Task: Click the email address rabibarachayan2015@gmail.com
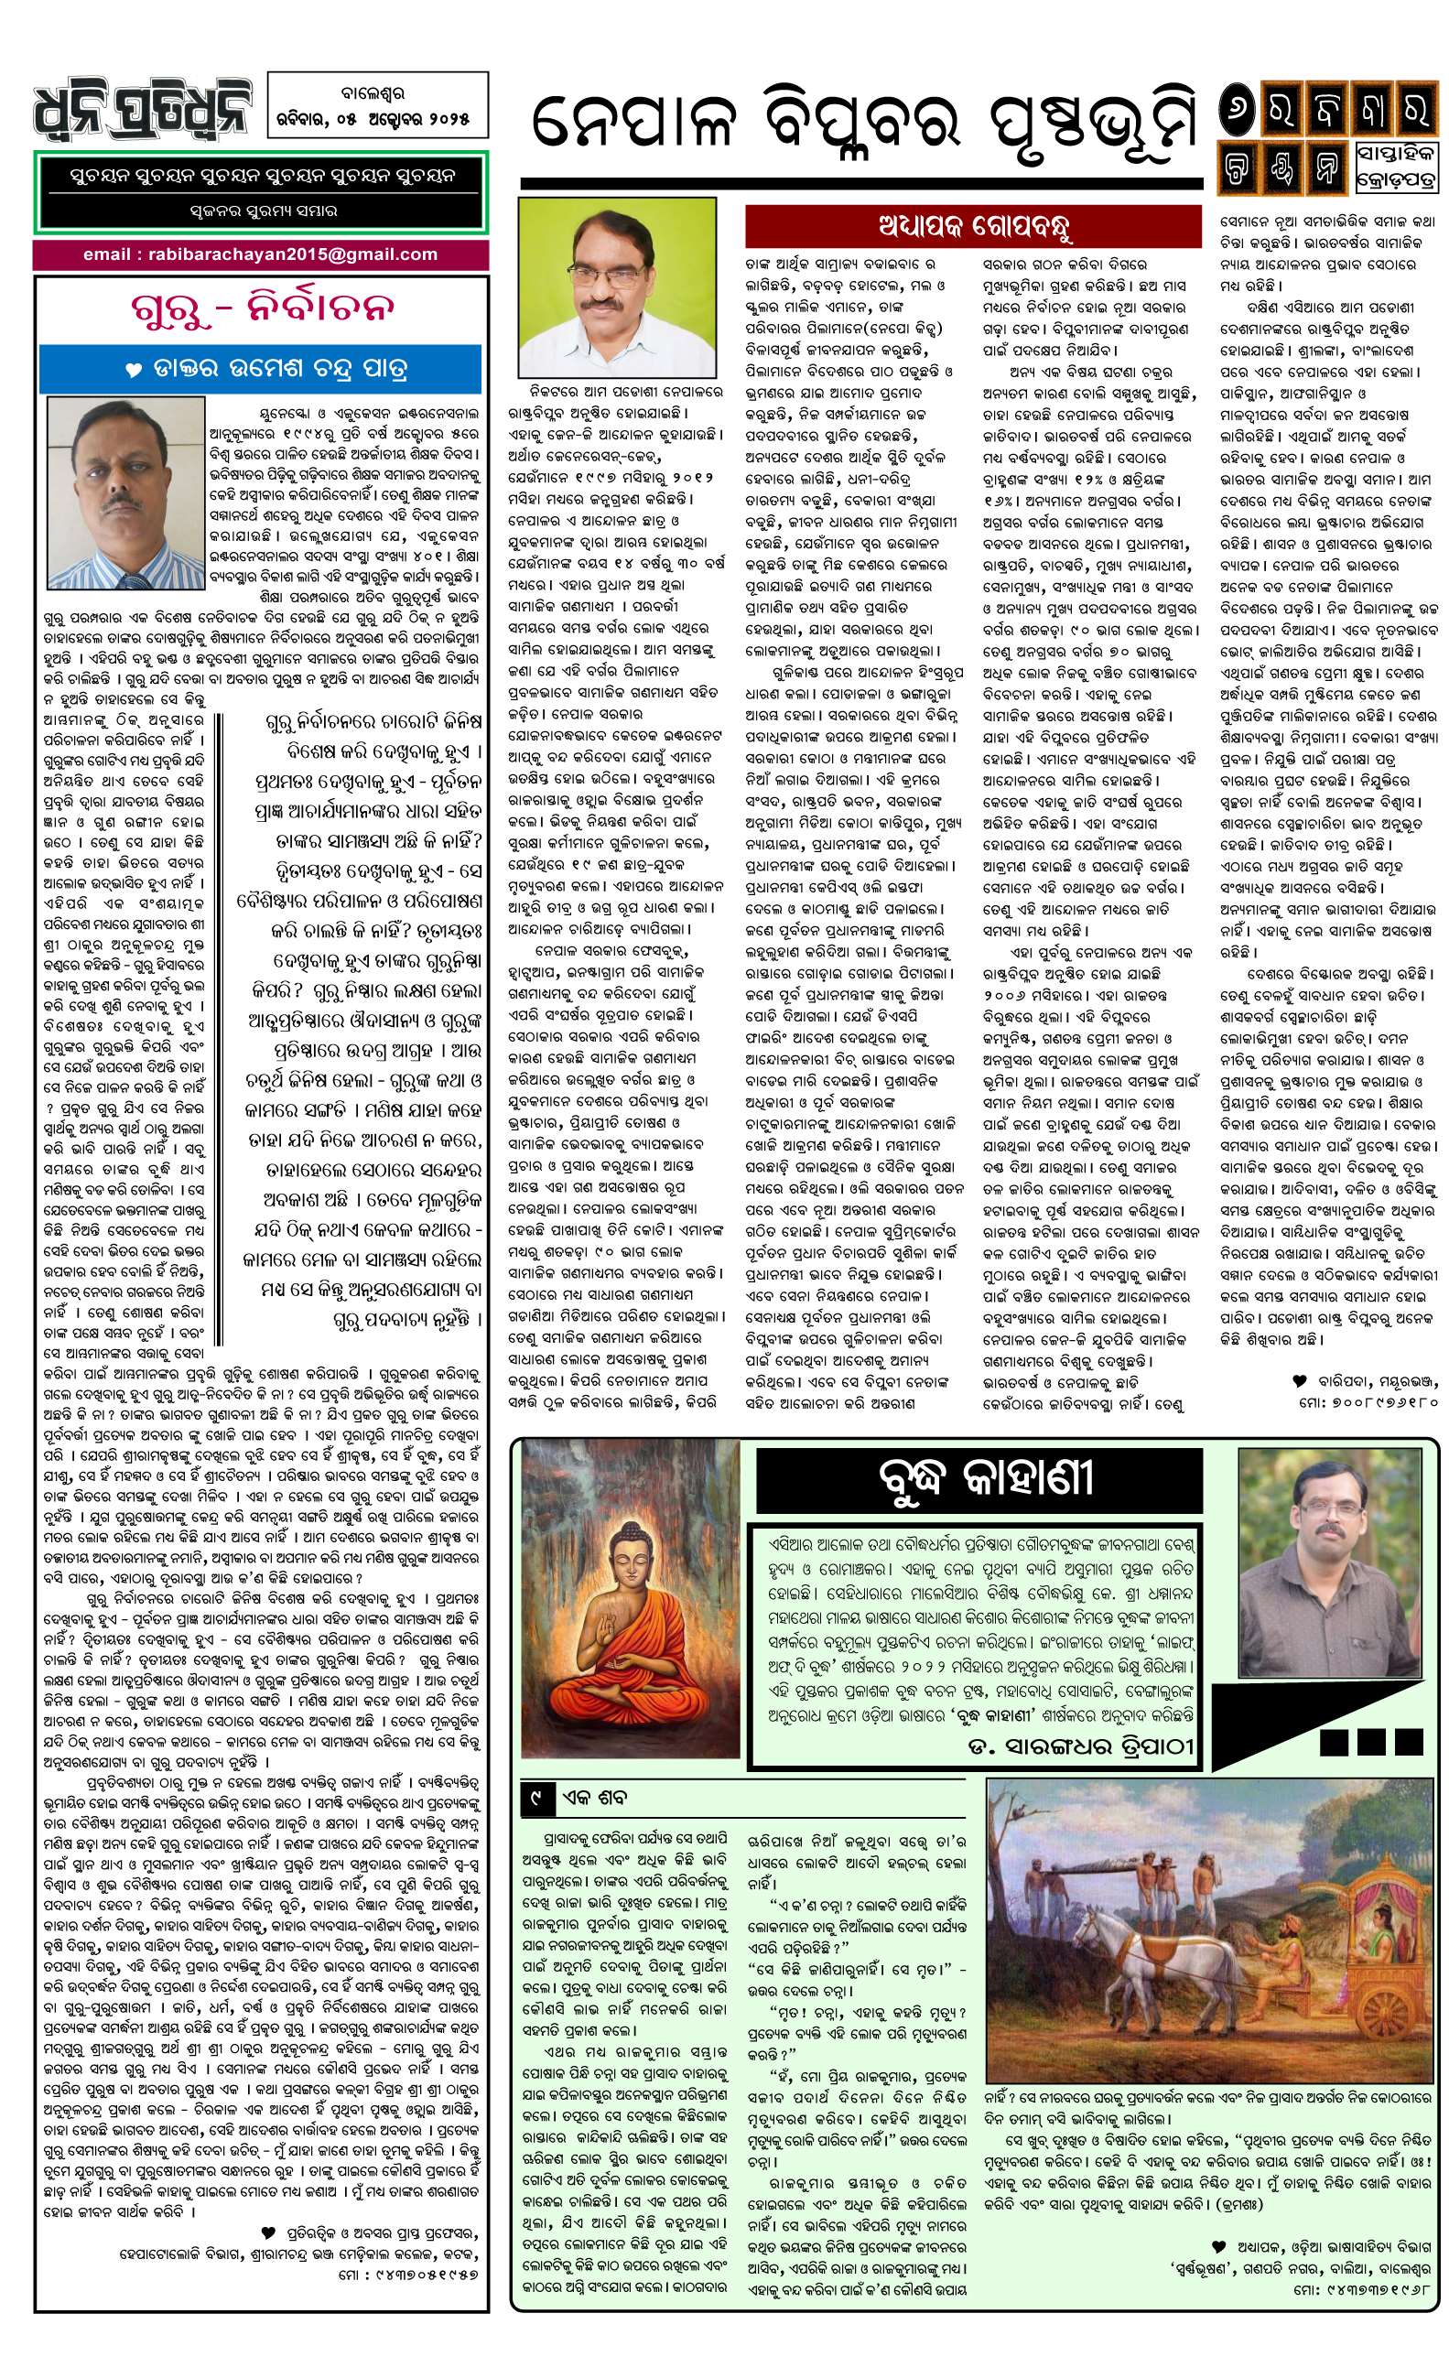click(261, 254)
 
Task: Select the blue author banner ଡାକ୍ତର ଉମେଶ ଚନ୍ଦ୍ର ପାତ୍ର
click(261, 368)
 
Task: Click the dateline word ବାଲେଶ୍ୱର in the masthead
click(376, 96)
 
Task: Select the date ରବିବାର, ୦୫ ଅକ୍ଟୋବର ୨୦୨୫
click(377, 120)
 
